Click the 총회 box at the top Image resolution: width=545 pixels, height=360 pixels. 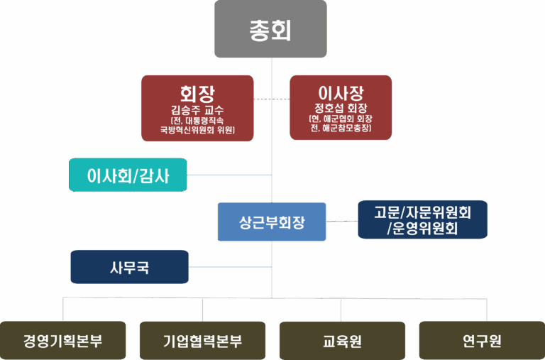270,30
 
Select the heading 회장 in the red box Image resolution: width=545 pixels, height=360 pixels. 197,93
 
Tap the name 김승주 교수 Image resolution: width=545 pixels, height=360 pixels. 197,110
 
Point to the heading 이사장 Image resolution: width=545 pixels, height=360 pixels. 341,93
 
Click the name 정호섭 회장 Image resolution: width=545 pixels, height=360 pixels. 341,109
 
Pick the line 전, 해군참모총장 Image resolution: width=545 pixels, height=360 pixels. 341,129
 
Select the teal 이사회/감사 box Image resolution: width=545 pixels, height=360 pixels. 128,174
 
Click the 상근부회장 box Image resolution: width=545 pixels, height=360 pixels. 272,222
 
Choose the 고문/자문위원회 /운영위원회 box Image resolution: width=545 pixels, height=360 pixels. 423,219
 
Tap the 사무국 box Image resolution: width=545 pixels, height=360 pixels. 129,268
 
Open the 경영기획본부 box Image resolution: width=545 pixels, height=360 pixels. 62,341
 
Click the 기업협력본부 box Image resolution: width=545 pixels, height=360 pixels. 202,341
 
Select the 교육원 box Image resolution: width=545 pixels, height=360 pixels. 341,341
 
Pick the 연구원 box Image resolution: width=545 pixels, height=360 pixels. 482,341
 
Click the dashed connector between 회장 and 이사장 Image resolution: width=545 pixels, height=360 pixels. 272,98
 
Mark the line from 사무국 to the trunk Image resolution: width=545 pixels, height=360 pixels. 231,267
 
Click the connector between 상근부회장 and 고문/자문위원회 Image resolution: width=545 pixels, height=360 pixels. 342,221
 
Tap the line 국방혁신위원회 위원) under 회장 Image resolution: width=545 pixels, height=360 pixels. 197,130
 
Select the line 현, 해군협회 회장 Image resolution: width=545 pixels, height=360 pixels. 341,119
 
